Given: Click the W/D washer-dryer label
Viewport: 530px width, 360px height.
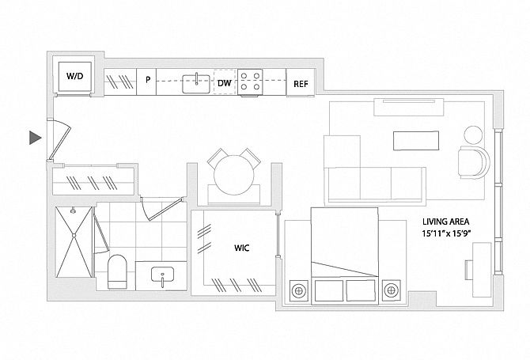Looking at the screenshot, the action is (75, 77).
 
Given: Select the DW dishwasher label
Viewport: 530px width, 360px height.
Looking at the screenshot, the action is (224, 82).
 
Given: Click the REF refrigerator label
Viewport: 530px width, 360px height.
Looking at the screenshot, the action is (301, 83).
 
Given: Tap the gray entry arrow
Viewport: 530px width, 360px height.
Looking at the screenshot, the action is (35, 138).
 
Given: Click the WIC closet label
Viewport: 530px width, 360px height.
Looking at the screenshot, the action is (241, 247).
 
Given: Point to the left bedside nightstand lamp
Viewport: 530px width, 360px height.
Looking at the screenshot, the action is (298, 290).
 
